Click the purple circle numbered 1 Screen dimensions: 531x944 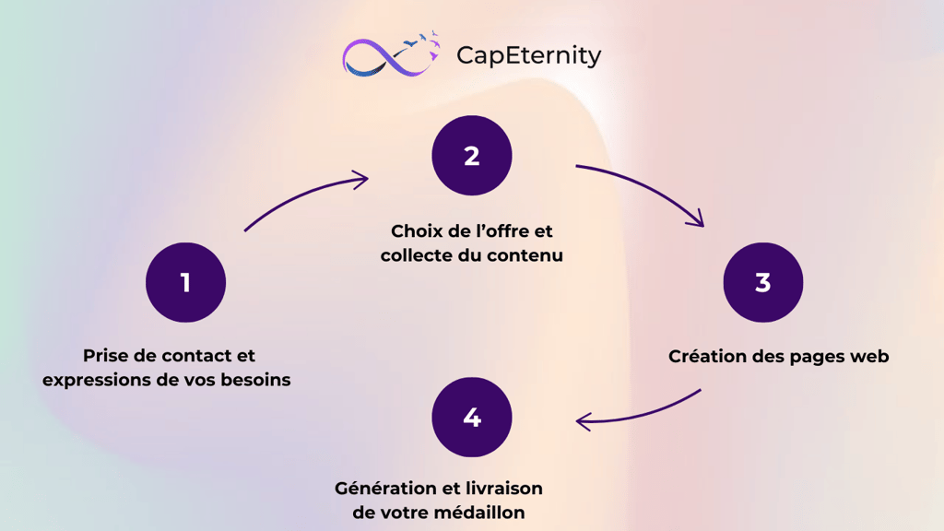185,282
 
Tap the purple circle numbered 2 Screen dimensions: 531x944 471,155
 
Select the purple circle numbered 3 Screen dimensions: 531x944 762,282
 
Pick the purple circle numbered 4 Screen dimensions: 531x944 471,417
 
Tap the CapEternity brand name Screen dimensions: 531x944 528,55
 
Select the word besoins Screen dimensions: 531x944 255,380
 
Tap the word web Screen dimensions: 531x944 868,356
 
